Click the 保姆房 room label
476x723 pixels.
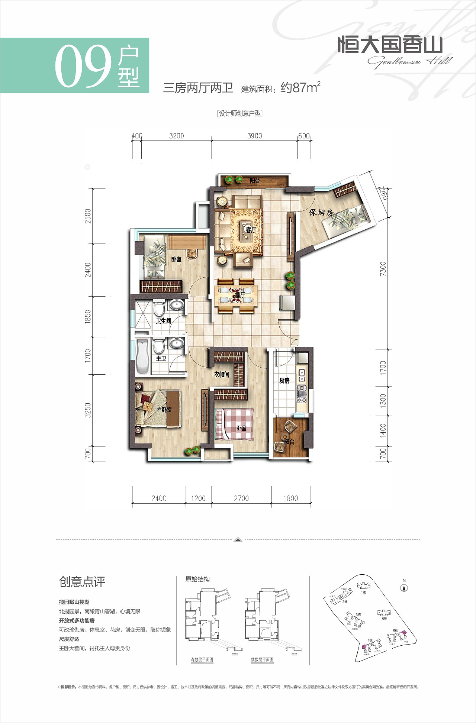[x=321, y=212]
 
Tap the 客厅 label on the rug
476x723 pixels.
[x=251, y=230]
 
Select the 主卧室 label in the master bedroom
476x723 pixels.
[x=164, y=410]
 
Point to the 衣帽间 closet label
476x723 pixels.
[x=222, y=374]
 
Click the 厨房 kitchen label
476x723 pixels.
[x=284, y=381]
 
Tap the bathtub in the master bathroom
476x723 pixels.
[x=143, y=356]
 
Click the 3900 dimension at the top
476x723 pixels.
[x=255, y=136]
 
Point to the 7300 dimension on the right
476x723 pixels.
[x=383, y=268]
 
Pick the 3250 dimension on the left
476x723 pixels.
[x=88, y=410]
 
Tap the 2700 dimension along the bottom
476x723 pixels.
[x=241, y=498]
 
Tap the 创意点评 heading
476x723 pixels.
[x=82, y=582]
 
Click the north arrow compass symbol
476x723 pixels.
[x=404, y=588]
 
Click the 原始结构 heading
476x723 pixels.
[x=197, y=579]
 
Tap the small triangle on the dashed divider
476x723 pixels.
[x=238, y=539]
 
